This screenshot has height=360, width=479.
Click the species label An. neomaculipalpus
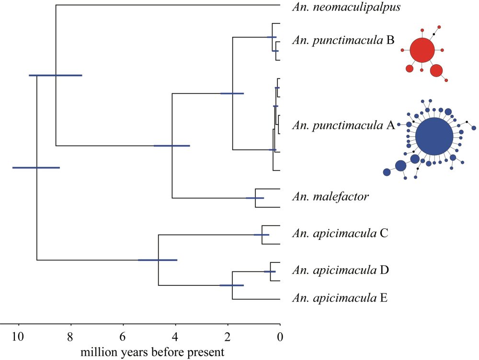point(346,7)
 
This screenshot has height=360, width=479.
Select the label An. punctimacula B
point(343,40)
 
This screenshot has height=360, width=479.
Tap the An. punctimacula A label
point(343,125)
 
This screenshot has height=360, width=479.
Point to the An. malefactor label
point(331,196)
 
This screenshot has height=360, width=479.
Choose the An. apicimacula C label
point(340,233)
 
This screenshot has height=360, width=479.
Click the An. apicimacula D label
point(340,270)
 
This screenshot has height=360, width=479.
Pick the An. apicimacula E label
point(340,297)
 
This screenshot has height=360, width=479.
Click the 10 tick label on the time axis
point(18,337)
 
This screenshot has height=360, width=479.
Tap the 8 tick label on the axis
point(70,337)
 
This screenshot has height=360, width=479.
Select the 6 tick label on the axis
point(123,337)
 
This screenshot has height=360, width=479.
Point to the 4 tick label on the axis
point(175,337)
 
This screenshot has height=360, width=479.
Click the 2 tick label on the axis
point(227,337)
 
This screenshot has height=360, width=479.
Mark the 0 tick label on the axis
point(280,337)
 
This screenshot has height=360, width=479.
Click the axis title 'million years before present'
point(152,352)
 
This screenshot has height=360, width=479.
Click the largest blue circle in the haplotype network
point(434,136)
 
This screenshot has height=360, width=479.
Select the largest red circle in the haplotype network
point(422,50)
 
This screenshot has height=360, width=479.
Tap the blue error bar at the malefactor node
point(255,198)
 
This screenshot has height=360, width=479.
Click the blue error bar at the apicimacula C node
point(262,235)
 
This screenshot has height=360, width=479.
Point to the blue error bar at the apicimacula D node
point(270,271)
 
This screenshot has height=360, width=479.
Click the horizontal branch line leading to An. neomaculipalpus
point(168,5)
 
